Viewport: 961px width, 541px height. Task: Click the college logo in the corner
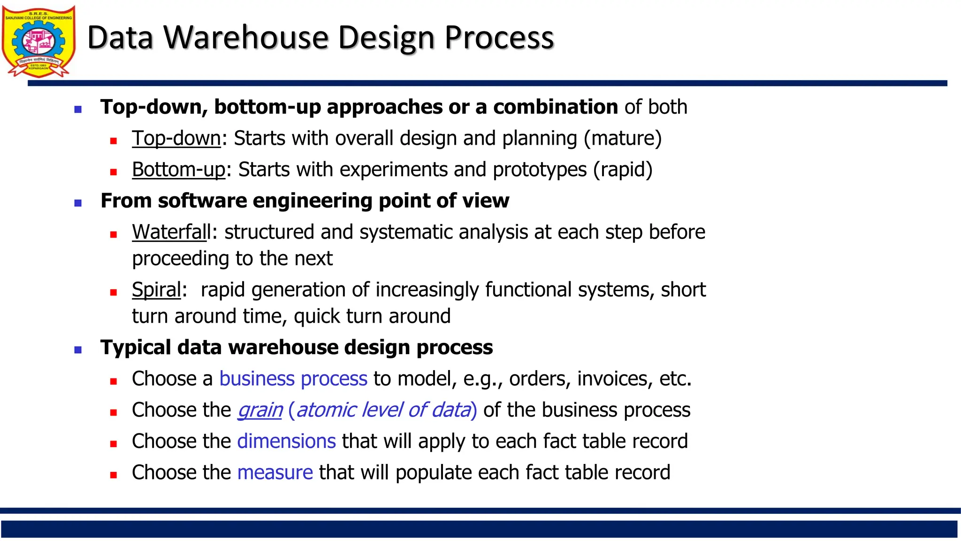(38, 41)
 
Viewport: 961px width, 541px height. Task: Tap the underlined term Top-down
(176, 139)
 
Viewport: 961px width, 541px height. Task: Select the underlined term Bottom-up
(178, 170)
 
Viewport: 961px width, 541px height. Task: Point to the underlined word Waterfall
(171, 232)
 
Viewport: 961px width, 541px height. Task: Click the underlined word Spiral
(156, 290)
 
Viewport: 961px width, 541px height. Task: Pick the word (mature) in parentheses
(623, 139)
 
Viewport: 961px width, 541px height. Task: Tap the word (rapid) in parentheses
(623, 170)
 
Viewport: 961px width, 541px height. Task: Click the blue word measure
(275, 472)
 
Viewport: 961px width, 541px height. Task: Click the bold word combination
(555, 107)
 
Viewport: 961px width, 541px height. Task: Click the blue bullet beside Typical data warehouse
(78, 350)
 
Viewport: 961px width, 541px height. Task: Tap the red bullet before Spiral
(113, 292)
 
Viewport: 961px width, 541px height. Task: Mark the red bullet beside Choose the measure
(113, 475)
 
